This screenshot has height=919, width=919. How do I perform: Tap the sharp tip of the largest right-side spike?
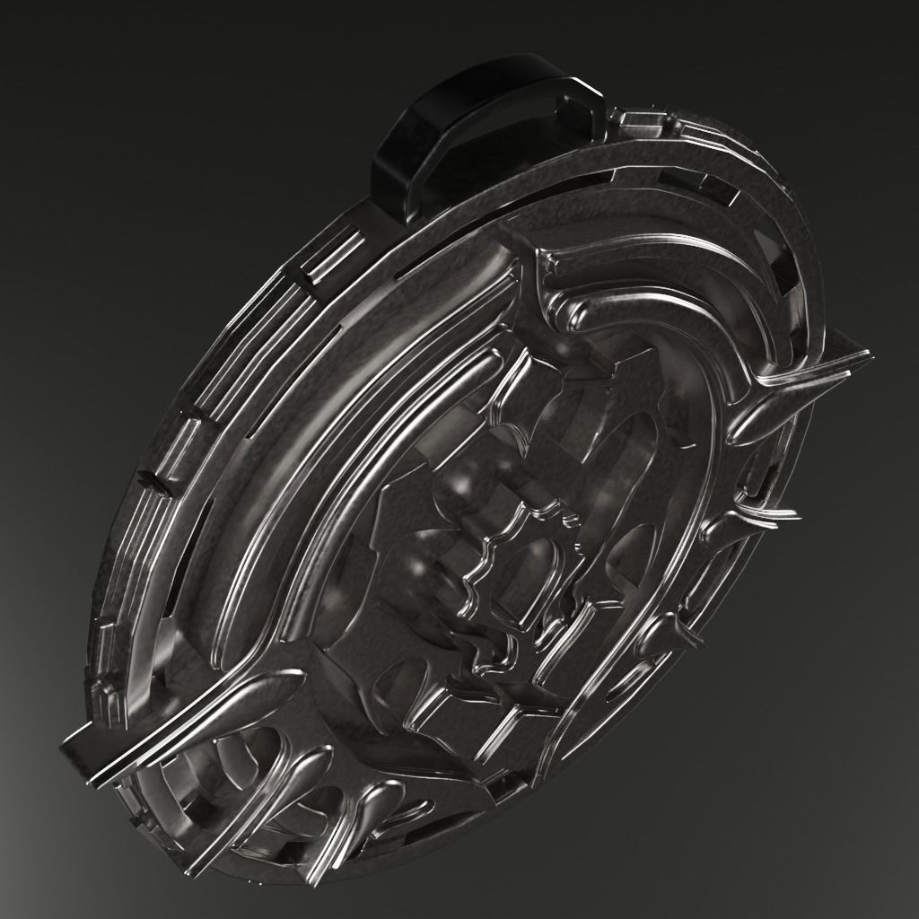867,354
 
